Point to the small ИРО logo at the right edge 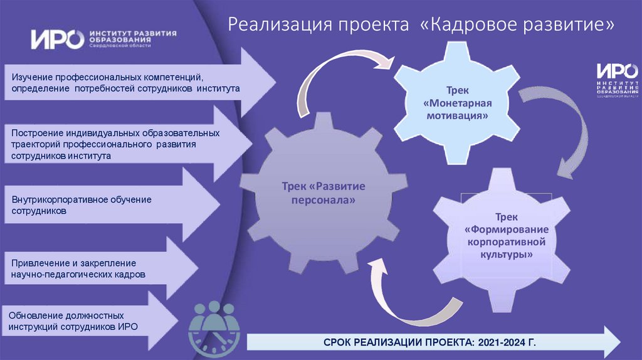click(x=618, y=80)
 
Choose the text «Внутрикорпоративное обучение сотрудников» click(x=82, y=205)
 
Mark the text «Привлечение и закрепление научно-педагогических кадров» click(x=78, y=268)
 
